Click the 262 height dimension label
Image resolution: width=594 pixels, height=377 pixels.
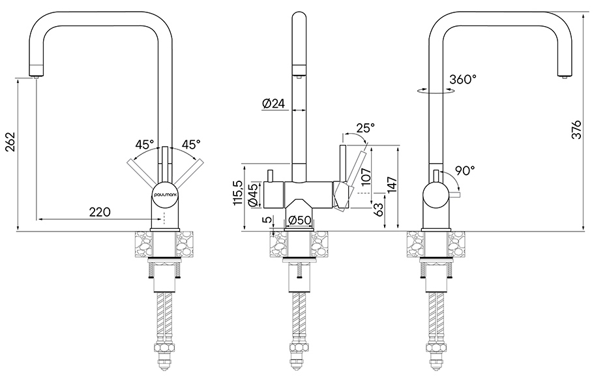coord(10,142)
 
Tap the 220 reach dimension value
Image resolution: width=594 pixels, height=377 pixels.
coord(100,211)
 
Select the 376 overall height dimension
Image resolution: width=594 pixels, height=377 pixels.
coord(576,130)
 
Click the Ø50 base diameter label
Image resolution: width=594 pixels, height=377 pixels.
coord(299,220)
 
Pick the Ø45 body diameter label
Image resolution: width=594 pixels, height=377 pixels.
coord(254,195)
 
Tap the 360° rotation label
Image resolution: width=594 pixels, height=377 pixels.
coord(462,79)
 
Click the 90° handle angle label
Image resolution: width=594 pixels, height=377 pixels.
coord(465,171)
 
